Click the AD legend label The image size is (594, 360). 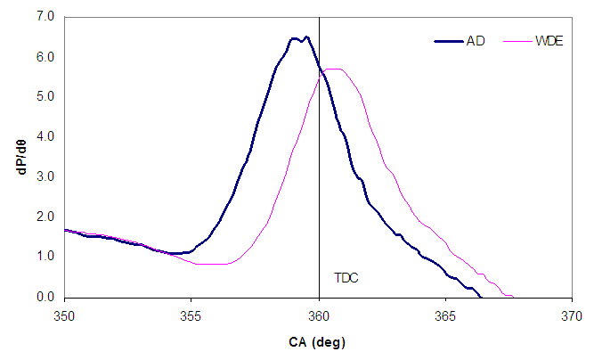pyautogui.click(x=476, y=41)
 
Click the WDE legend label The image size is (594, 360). pyautogui.click(x=549, y=41)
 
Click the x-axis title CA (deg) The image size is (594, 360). pyautogui.click(x=318, y=342)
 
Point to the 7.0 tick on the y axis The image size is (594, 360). pyautogui.click(x=45, y=17)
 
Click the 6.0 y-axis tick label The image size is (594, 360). pyautogui.click(x=45, y=57)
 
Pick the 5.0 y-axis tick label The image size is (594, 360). pyautogui.click(x=45, y=97)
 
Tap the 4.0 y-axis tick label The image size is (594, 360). pyautogui.click(x=45, y=136)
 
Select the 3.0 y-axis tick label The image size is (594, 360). pyautogui.click(x=45, y=176)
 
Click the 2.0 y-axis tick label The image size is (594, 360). pyautogui.click(x=45, y=217)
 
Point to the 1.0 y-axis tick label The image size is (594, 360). pyautogui.click(x=45, y=257)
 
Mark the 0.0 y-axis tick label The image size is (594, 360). pyautogui.click(x=45, y=297)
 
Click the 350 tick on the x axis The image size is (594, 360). pyautogui.click(x=64, y=315)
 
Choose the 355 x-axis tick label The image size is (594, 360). pyautogui.click(x=191, y=315)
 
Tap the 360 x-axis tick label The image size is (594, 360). pyautogui.click(x=319, y=315)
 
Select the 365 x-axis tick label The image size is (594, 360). pyautogui.click(x=445, y=315)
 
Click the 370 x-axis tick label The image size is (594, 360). pyautogui.click(x=572, y=315)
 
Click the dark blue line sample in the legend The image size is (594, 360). pyautogui.click(x=448, y=41)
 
